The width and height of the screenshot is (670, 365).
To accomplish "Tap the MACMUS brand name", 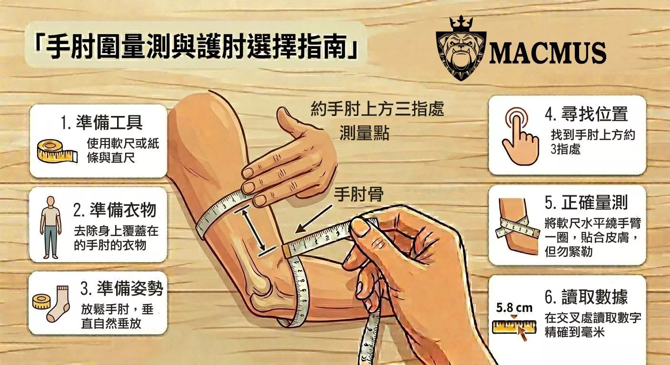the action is (547, 53).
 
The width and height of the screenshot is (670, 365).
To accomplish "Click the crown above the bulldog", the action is (461, 23).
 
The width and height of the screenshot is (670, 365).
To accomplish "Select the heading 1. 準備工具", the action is (101, 122).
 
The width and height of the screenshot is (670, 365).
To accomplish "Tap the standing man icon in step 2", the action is (50, 227).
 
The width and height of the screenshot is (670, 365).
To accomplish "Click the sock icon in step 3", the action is (59, 304).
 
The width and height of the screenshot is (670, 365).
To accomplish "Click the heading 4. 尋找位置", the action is (586, 114).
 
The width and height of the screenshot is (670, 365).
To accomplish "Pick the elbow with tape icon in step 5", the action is (518, 227).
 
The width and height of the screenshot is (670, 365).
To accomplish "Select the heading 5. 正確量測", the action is (586, 202).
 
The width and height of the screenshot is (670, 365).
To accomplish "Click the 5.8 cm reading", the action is (514, 307).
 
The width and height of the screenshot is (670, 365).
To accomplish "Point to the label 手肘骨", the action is (358, 194).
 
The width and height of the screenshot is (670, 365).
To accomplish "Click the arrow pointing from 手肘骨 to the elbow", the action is (314, 219).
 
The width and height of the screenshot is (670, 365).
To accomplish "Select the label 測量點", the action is (365, 133).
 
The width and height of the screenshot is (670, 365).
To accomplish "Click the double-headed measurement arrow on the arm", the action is (254, 230).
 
